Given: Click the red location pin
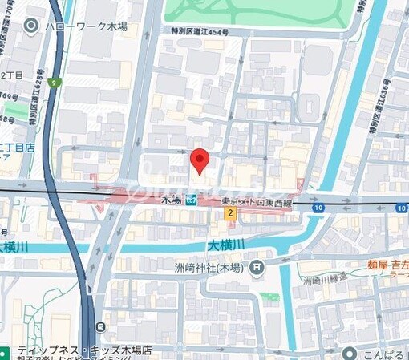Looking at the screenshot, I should [x=200, y=160].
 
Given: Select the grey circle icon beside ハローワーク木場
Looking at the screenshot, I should [x=32, y=26].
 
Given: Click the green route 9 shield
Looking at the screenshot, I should [x=55, y=81].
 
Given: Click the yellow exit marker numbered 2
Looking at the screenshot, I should [x=230, y=213].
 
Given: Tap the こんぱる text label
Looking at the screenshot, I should [x=385, y=353].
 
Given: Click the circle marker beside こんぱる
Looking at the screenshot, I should [x=349, y=353].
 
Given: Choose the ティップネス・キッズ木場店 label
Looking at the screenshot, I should [x=72, y=350].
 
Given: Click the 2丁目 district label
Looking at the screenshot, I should [x=13, y=75].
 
